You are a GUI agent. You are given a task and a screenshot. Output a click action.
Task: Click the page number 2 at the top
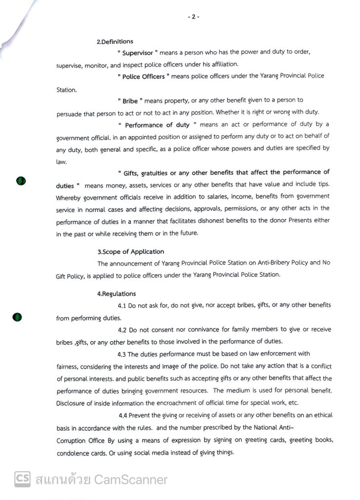coord(193,17)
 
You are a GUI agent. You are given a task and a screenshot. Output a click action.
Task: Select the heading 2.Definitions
coord(115,42)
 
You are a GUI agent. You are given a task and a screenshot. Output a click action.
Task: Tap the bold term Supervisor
coord(137,53)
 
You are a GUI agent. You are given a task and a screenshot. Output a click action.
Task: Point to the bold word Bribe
coord(130,101)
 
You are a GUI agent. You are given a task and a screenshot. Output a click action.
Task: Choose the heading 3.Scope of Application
coord(130,252)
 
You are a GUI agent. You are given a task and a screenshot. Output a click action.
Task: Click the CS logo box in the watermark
coord(22,479)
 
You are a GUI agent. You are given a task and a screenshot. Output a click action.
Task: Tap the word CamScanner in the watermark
coord(130,479)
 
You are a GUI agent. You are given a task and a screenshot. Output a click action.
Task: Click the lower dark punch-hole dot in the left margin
coord(17,317)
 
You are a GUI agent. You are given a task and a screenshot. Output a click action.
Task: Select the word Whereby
coord(69,197)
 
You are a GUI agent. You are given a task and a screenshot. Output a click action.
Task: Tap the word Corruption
coord(73,440)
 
